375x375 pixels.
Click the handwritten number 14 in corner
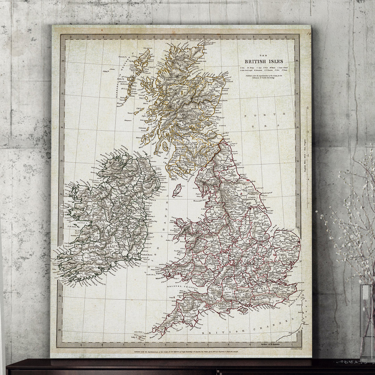308,33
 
